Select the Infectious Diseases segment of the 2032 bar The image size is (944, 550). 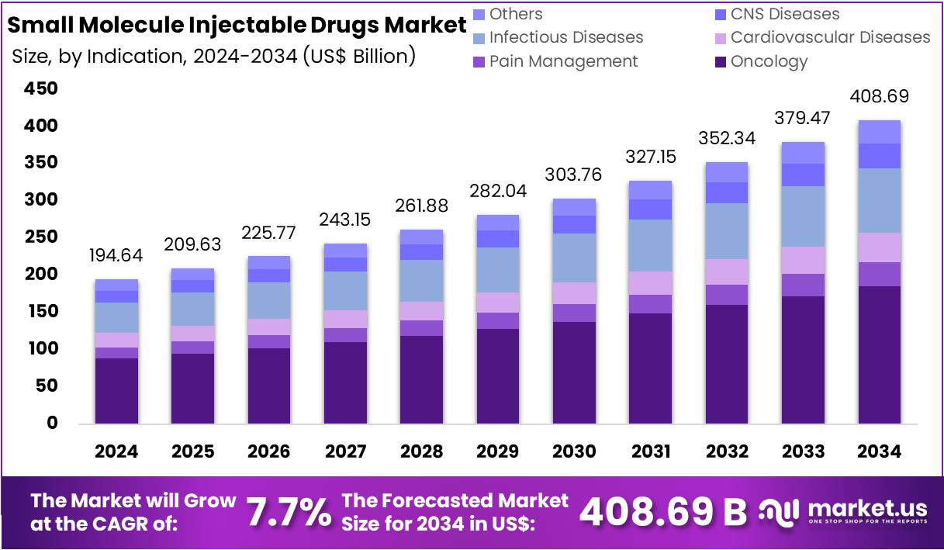tap(726, 231)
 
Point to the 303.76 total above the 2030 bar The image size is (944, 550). tap(574, 174)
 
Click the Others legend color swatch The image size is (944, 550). tap(479, 14)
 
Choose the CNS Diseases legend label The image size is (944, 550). tap(785, 14)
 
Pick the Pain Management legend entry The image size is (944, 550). tap(563, 61)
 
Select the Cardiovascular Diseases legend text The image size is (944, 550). tap(830, 37)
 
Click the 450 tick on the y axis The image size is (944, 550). tap(42, 89)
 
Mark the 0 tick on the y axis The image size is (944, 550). tap(52, 423)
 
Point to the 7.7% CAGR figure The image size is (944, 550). tap(288, 512)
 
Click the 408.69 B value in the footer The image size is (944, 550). tap(663, 511)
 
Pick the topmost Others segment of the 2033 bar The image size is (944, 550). tap(803, 153)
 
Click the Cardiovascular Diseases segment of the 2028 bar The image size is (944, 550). tap(421, 311)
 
